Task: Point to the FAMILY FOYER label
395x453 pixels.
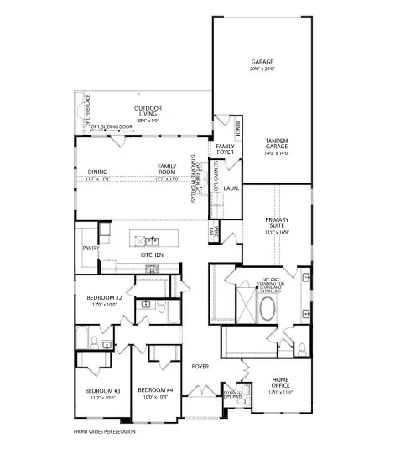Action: pyautogui.click(x=225, y=150)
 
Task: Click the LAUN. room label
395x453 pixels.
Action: pyautogui.click(x=230, y=188)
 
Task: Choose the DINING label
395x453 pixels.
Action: pyautogui.click(x=97, y=172)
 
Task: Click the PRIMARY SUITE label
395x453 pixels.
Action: pyautogui.click(x=278, y=223)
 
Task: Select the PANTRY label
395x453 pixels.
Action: pyautogui.click(x=91, y=249)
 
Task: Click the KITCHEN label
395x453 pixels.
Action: pyautogui.click(x=152, y=255)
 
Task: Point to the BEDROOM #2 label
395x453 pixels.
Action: pyautogui.click(x=106, y=300)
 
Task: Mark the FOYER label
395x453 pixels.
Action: pyautogui.click(x=200, y=367)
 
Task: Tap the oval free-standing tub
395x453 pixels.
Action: pyautogui.click(x=267, y=310)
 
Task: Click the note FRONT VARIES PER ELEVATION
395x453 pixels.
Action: pyautogui.click(x=104, y=432)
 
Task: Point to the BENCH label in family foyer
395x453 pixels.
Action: pyautogui.click(x=239, y=128)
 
